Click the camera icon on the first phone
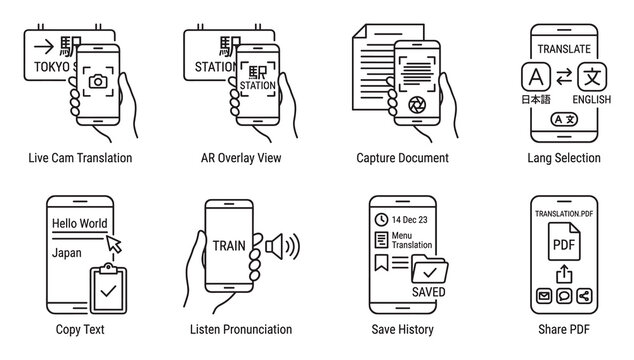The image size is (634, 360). [98, 81]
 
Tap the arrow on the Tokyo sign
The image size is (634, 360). [44, 47]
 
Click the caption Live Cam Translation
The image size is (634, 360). [80, 158]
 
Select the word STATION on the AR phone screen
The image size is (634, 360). [258, 85]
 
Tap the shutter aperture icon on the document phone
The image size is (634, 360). [417, 105]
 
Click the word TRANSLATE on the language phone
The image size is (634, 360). [564, 49]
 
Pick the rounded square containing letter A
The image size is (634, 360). [536, 76]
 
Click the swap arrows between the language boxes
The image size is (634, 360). [564, 76]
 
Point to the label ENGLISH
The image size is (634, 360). [592, 99]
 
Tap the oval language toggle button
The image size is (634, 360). [564, 119]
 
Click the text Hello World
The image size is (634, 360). [80, 223]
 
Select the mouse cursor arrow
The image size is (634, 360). [114, 244]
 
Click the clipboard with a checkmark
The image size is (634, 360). [108, 288]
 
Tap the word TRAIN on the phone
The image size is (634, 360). [229, 246]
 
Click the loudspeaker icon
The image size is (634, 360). [282, 246]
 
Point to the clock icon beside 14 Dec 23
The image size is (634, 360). [381, 220]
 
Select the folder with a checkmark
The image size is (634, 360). [429, 268]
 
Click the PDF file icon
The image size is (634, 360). [564, 241]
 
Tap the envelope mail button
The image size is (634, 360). [544, 296]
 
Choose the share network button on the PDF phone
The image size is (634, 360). [584, 296]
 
